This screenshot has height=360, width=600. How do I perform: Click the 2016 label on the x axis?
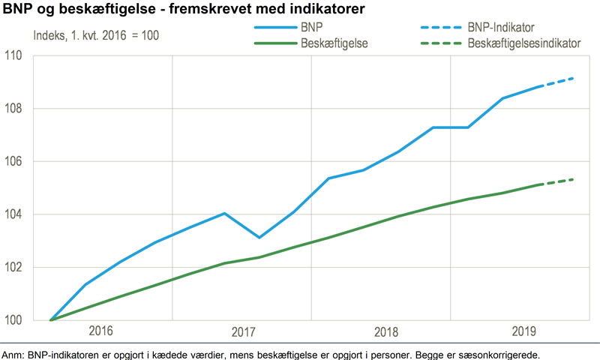point(103,331)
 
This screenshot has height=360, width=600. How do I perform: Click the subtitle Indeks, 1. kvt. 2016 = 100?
point(96,35)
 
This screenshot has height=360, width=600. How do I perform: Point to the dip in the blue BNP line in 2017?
point(259,237)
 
